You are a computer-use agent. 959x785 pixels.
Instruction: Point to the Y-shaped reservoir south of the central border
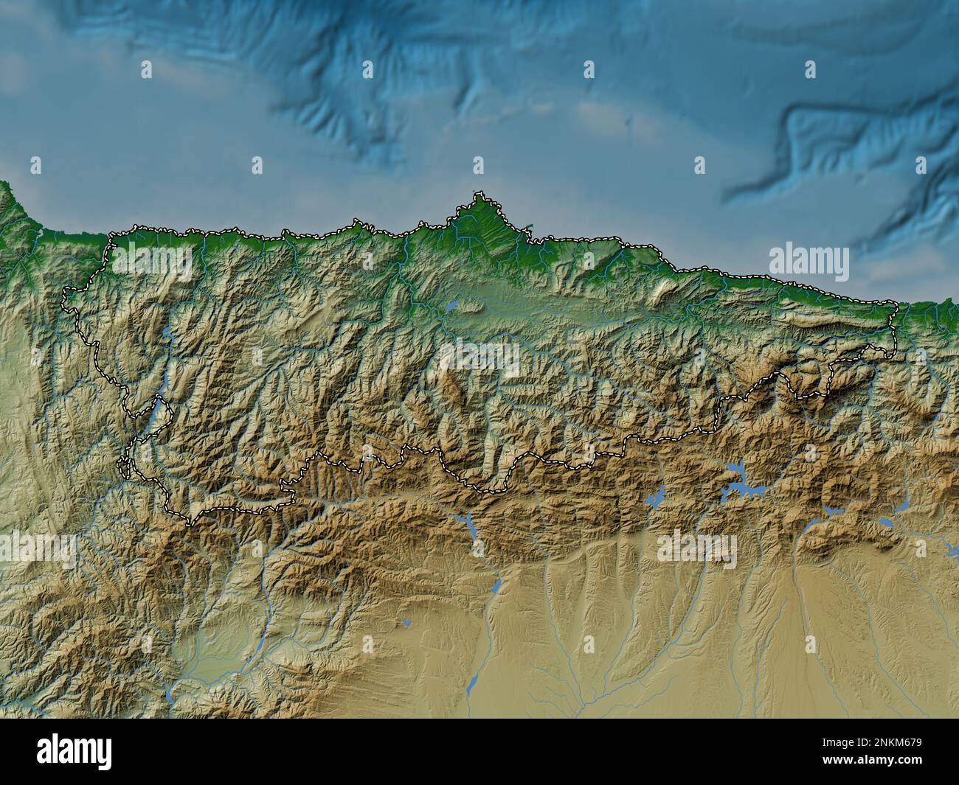tap(468, 525)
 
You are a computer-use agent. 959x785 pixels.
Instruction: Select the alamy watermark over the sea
tap(809, 261)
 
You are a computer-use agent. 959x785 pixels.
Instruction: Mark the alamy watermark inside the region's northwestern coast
tap(151, 261)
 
